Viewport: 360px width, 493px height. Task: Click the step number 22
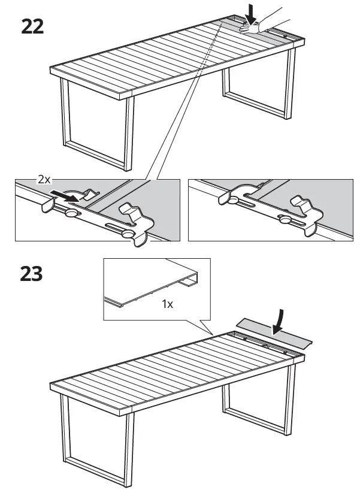32,26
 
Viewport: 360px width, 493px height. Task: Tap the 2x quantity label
44,179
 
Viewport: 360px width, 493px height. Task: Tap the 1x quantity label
167,304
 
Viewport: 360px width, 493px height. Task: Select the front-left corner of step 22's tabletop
53,70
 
